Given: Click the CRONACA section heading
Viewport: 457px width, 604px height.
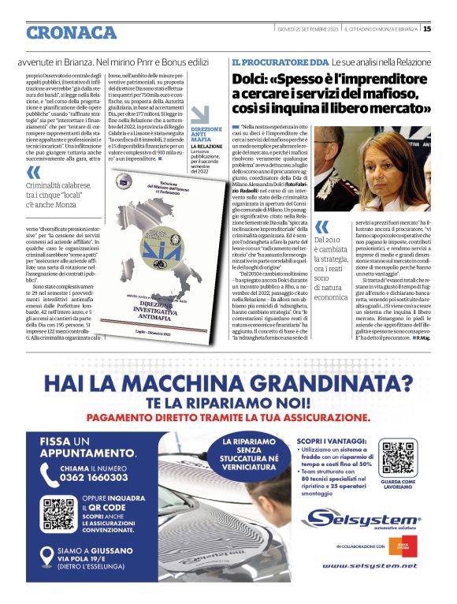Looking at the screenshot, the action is (x=71, y=32).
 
